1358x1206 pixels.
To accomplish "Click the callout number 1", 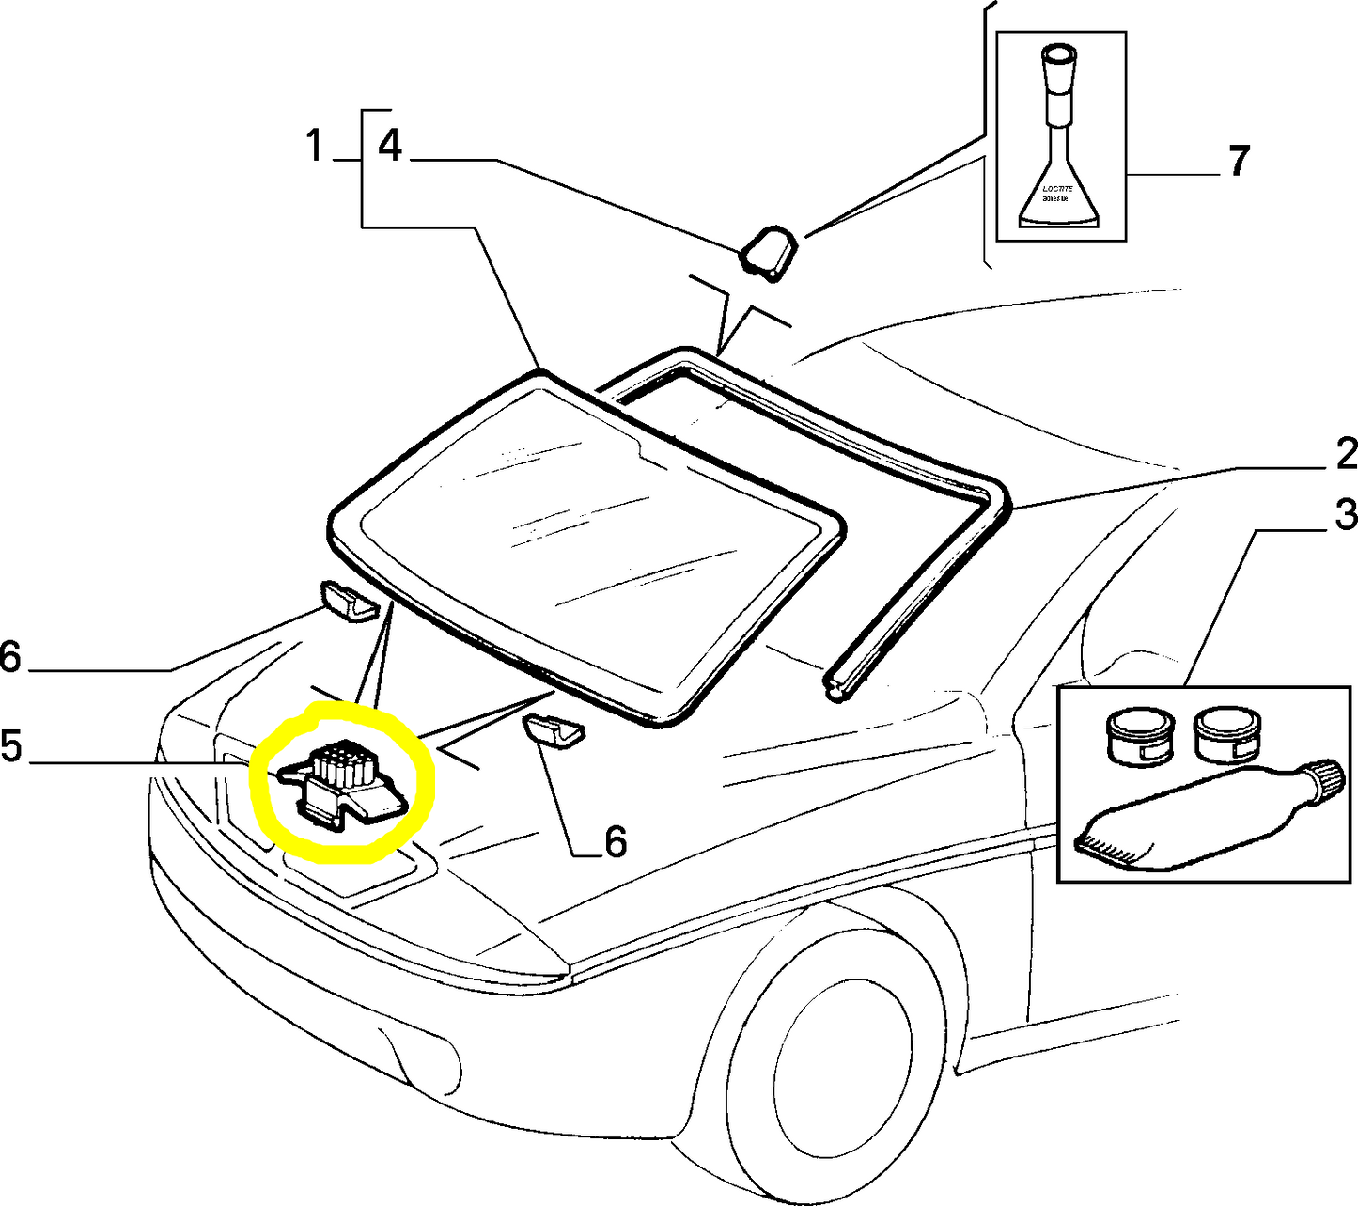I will point(315,147).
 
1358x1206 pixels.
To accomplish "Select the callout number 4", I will point(389,147).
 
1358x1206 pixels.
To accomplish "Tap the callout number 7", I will point(1240,162).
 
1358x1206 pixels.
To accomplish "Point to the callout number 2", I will point(1346,455).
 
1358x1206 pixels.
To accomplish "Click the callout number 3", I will point(1346,515).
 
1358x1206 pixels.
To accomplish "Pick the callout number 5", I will point(11,746).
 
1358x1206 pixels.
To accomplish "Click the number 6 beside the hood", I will point(10,657).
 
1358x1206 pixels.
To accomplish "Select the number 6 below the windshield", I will point(615,841).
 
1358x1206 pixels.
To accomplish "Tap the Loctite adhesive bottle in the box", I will point(1060,141).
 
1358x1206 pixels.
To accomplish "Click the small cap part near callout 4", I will point(770,252).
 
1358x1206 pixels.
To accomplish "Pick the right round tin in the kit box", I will point(1227,733).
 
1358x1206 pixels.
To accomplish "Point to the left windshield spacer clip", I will point(348,601).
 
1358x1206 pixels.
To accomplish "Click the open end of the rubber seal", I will point(835,688).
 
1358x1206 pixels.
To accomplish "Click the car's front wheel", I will point(836,1062).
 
